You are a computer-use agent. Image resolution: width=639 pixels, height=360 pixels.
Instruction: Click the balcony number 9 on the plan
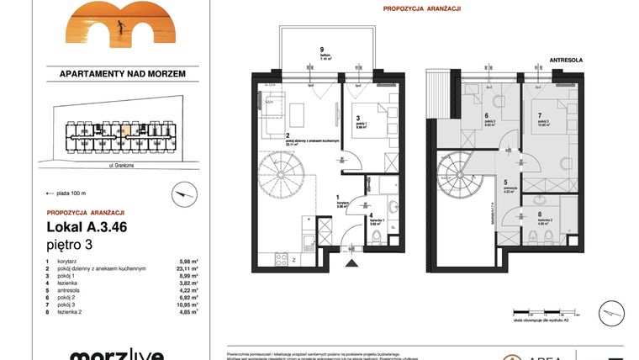tap(298, 48)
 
